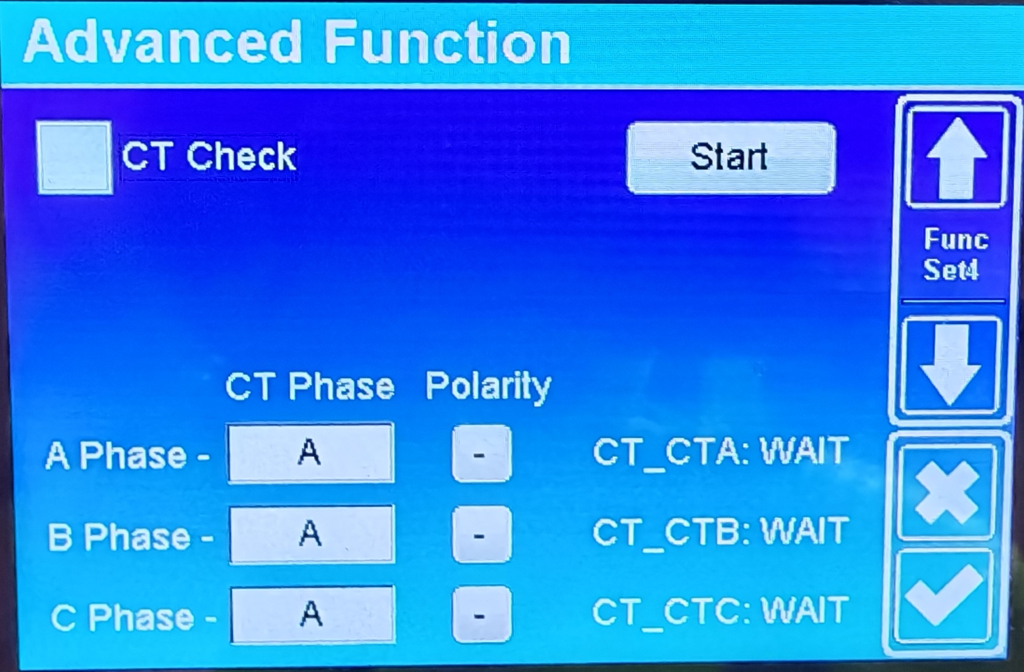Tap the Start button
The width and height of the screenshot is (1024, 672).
tap(731, 158)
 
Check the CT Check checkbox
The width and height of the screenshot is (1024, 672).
tap(75, 158)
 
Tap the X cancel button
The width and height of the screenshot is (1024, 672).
tap(946, 492)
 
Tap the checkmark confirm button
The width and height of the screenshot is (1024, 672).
tap(943, 595)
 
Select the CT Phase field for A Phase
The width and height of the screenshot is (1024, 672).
tap(311, 453)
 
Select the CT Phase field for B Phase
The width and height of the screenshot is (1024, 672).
tap(312, 534)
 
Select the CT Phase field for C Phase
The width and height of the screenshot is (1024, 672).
tap(313, 615)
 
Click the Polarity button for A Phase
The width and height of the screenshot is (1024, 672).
tap(481, 453)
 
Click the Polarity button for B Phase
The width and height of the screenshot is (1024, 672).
tap(481, 534)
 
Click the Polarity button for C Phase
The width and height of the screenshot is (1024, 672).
tap(481, 615)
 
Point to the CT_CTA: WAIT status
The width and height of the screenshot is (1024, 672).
tap(720, 452)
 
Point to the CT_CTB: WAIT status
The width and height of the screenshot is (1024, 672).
tap(720, 532)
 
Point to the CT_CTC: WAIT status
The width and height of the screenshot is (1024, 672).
tap(720, 612)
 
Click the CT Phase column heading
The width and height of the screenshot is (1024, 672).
tap(310, 386)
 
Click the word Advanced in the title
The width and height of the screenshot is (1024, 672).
tap(163, 42)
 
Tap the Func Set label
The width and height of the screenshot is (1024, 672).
tap(955, 254)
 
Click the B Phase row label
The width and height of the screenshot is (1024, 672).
tap(130, 537)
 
